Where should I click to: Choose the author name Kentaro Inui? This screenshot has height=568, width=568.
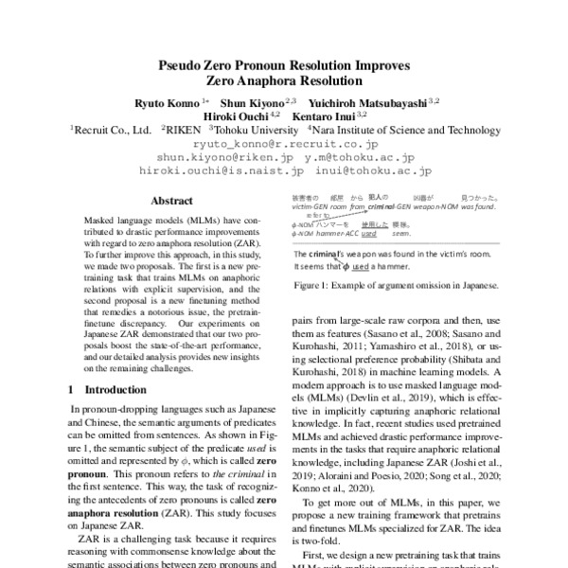coord(323,115)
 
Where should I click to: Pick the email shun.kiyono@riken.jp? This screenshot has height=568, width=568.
coord(220,158)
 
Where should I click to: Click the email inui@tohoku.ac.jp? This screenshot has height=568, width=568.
coord(380,172)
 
